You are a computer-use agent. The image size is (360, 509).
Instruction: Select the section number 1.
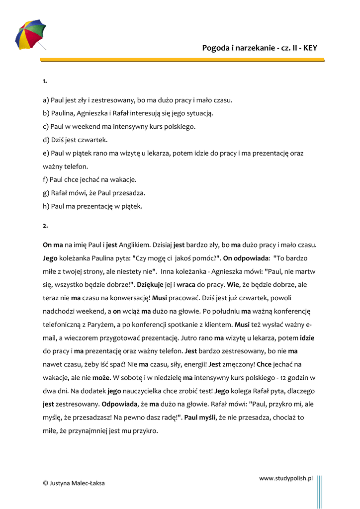click(45, 81)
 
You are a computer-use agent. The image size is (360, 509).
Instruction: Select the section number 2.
click(45, 226)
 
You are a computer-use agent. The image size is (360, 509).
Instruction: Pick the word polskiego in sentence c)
click(179, 127)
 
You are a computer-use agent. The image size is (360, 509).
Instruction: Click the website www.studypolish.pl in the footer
click(285, 478)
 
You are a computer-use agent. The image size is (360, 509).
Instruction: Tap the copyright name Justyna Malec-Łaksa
click(78, 483)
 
